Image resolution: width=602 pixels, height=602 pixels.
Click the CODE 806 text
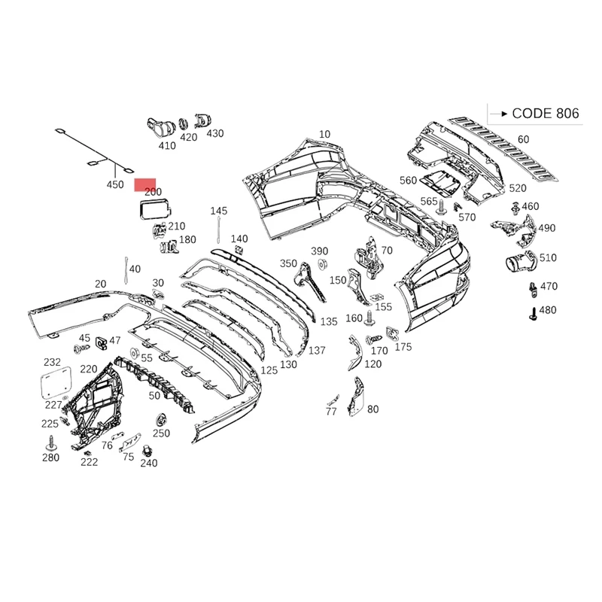point(546,114)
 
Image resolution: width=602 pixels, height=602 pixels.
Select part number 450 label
point(114,184)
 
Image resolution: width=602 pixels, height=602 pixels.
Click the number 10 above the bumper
point(324,135)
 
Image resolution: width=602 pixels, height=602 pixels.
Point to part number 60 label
point(523,139)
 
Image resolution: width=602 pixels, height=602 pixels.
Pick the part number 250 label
point(161,433)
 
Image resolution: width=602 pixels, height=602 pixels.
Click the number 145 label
point(218,211)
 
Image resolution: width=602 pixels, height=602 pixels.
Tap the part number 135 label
point(329,321)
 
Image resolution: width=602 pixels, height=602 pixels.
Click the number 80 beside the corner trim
point(372,409)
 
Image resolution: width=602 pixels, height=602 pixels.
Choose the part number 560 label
point(408,181)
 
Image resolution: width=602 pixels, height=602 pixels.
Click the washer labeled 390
point(321,263)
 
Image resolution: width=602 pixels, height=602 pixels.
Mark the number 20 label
point(100,284)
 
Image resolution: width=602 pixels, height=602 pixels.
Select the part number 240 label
point(149,464)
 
